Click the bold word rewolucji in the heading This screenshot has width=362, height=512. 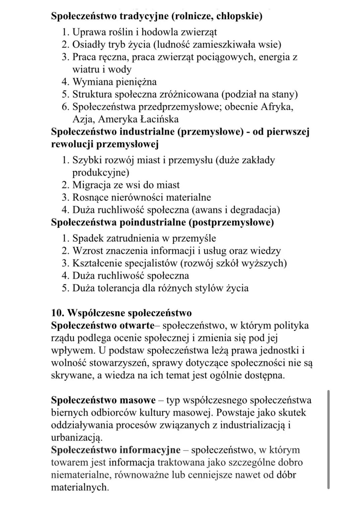click(x=72, y=144)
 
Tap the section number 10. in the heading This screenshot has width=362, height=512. click(x=58, y=313)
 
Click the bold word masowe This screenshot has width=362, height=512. click(x=137, y=400)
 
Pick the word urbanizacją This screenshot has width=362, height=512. click(x=76, y=438)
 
